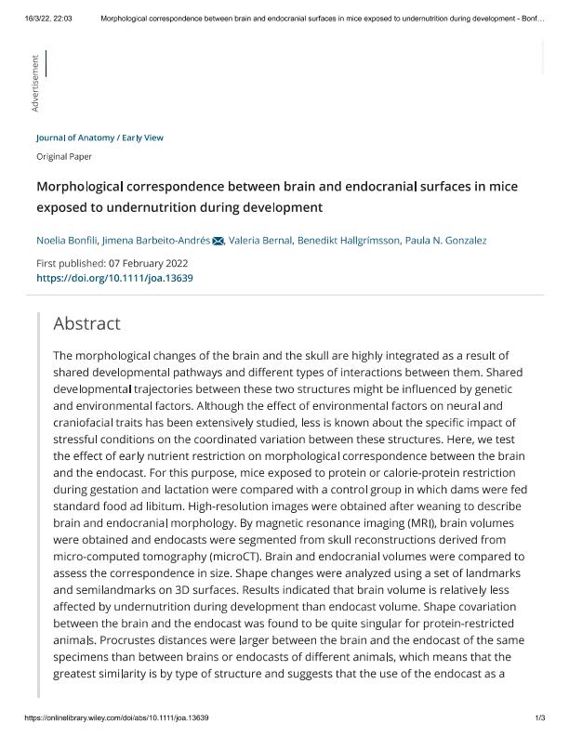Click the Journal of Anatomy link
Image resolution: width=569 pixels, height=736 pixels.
point(74,138)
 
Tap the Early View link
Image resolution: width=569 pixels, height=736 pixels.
point(142,138)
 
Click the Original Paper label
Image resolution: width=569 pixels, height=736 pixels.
point(64,157)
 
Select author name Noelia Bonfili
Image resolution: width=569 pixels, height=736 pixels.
point(66,241)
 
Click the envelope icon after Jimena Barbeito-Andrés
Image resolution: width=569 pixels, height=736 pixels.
point(218,241)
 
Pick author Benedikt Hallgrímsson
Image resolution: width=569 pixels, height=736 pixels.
point(348,241)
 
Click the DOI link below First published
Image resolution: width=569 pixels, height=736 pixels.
point(114,278)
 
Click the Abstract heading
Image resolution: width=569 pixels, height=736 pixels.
point(86,323)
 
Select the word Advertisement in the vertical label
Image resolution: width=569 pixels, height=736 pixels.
point(35,85)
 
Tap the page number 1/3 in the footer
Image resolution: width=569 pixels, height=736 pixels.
point(539,718)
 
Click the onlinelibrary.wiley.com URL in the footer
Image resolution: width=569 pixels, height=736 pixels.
point(116,718)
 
